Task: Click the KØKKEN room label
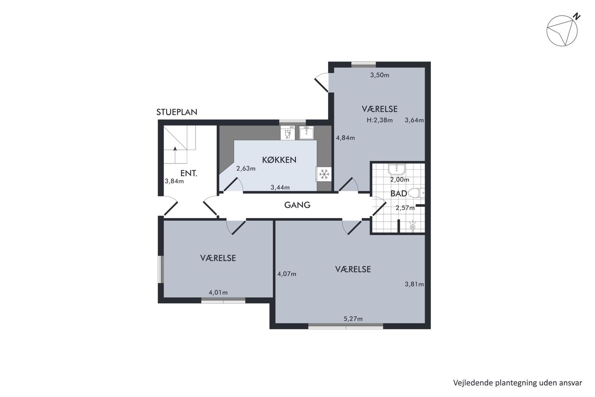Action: pos(279,160)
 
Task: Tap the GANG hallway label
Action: pos(297,205)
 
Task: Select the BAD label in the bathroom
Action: pos(399,194)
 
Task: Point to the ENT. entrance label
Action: pos(189,173)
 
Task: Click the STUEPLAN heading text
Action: pos(177,112)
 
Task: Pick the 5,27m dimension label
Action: pos(353,319)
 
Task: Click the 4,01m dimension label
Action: pos(218,292)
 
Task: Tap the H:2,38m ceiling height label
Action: pos(380,120)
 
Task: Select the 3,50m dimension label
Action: pos(380,75)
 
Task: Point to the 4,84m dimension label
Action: pos(345,138)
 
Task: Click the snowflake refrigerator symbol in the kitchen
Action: pos(324,174)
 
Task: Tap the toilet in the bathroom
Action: pos(416,193)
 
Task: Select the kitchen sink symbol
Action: pos(306,133)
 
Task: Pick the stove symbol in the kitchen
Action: pos(288,133)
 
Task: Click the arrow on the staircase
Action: pos(175,155)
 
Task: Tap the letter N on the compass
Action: pos(576,17)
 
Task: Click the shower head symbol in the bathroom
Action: pos(412,226)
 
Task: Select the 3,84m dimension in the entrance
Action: pos(174,181)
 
